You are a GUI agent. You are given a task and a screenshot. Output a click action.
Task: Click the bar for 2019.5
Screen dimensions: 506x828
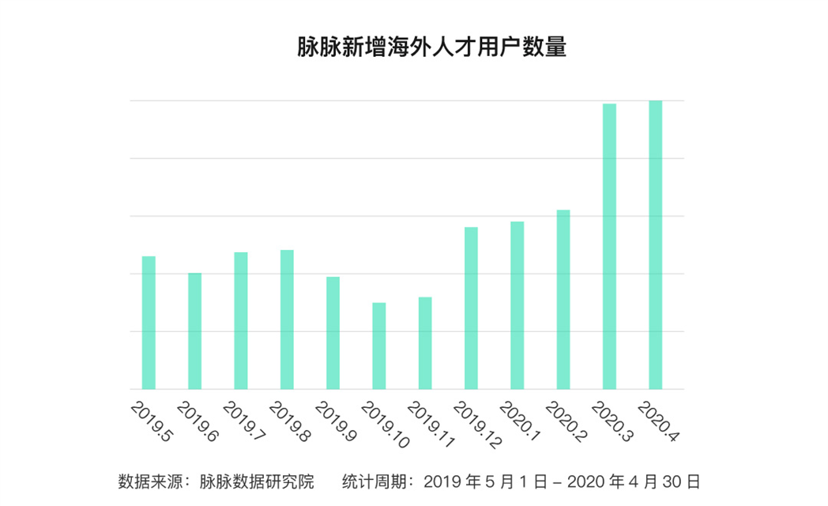point(149,323)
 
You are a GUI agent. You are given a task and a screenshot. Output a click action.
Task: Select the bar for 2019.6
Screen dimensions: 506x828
point(194,330)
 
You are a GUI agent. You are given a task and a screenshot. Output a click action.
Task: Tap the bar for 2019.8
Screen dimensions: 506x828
point(287,319)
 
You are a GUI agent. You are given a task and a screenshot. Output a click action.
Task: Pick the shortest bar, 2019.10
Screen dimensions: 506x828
point(379,346)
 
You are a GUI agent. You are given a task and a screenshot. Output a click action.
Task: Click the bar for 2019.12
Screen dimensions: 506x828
point(471,308)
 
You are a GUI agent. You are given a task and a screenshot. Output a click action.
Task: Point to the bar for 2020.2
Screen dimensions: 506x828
point(563,300)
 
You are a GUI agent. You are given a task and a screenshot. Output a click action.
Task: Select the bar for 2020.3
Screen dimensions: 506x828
point(609,247)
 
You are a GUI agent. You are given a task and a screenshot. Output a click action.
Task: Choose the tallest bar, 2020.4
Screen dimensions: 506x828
point(656,245)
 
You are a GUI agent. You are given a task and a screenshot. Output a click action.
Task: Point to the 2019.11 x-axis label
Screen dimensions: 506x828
point(429,425)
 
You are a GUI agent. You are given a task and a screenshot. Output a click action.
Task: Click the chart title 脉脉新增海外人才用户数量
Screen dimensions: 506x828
point(431,47)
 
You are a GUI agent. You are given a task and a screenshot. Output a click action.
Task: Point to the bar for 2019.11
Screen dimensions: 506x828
point(425,343)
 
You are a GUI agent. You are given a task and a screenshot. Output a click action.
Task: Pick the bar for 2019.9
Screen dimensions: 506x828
point(333,333)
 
